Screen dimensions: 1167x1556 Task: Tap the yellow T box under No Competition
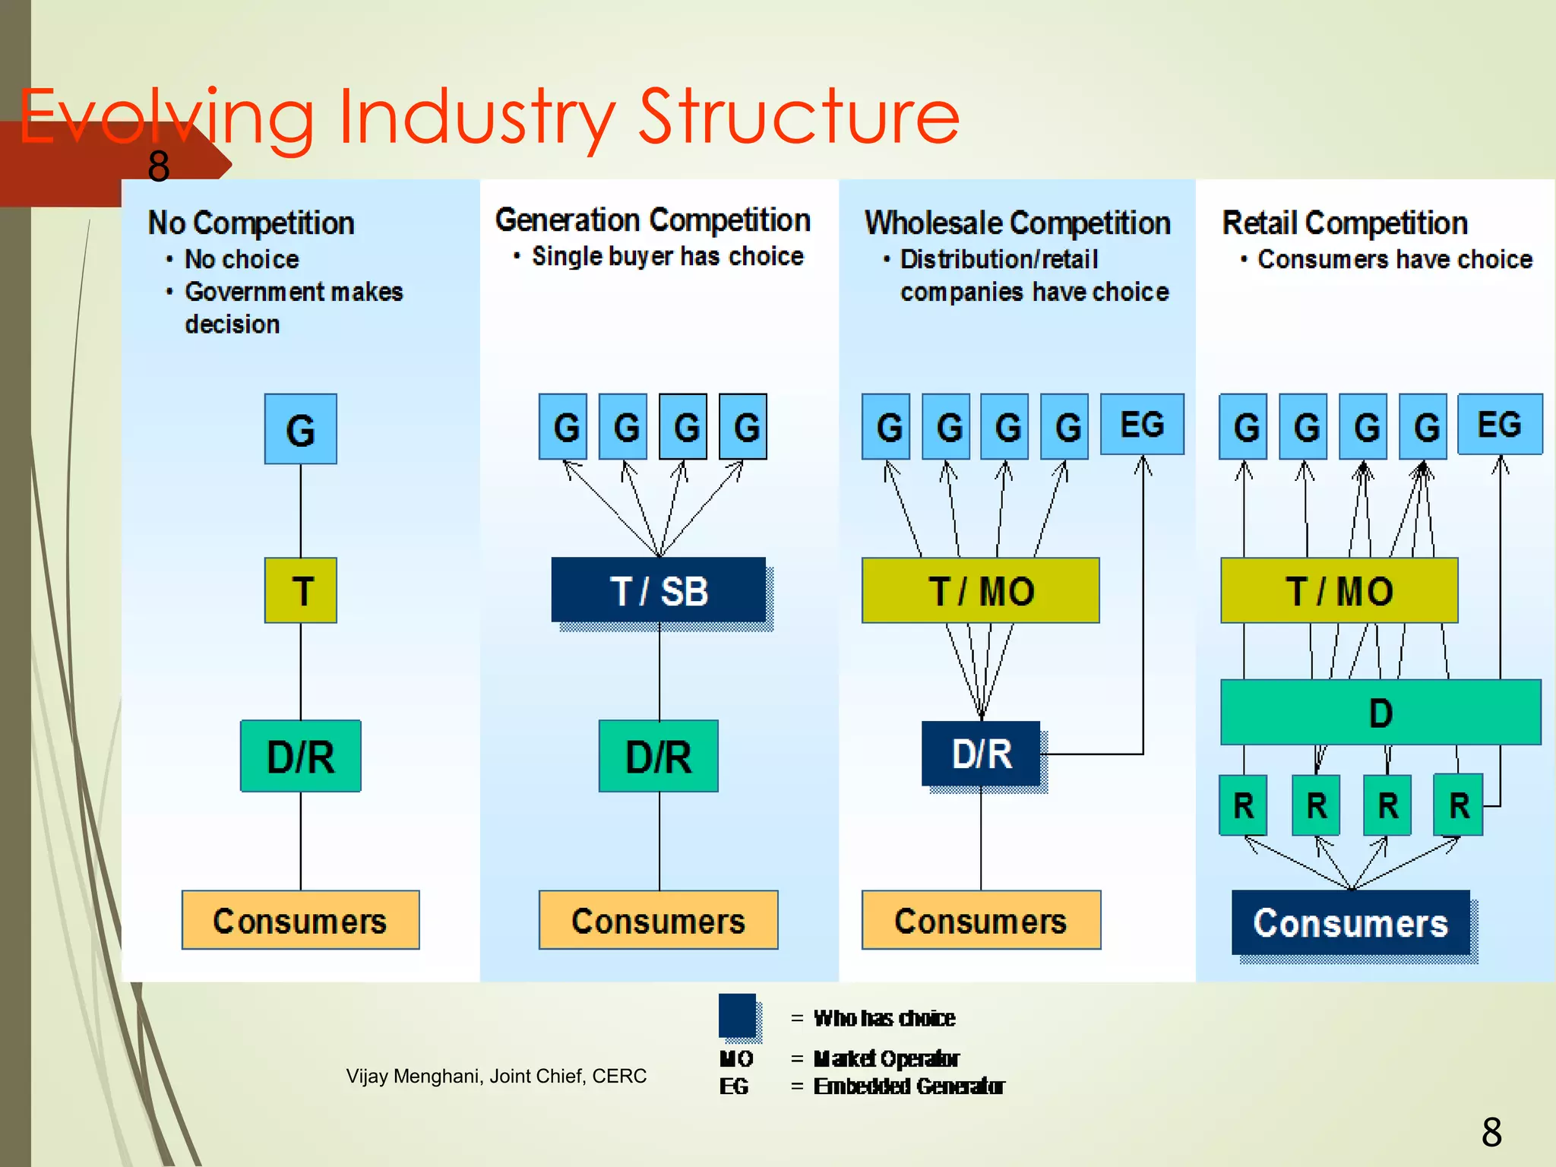click(x=301, y=590)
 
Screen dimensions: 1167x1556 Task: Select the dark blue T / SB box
click(x=659, y=590)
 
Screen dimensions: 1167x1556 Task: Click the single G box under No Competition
click(x=301, y=429)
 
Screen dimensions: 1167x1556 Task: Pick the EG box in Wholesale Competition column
click(x=1142, y=424)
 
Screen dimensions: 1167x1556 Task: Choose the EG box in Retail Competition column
click(x=1500, y=424)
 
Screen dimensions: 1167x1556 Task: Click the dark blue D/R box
click(x=981, y=754)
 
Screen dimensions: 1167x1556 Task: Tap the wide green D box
click(x=1380, y=713)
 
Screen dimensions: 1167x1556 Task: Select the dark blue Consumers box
click(x=1350, y=922)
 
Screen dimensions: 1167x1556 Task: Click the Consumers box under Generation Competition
click(x=658, y=920)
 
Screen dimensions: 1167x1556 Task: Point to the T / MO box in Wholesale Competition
click(x=980, y=590)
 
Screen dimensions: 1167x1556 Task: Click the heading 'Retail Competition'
click(x=1344, y=223)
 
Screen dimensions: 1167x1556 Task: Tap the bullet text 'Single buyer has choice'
click(x=667, y=257)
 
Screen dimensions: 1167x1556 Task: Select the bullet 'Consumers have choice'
click(x=1394, y=260)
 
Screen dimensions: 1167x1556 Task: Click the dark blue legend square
click(x=737, y=1016)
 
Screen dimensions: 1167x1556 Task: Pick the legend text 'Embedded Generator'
click(x=909, y=1086)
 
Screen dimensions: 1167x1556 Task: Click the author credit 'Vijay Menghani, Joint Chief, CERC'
click(x=496, y=1076)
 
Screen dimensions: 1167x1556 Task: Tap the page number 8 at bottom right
click(x=1491, y=1133)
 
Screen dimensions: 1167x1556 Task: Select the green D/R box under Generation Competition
click(x=658, y=757)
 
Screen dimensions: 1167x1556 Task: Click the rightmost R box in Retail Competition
click(x=1458, y=805)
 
